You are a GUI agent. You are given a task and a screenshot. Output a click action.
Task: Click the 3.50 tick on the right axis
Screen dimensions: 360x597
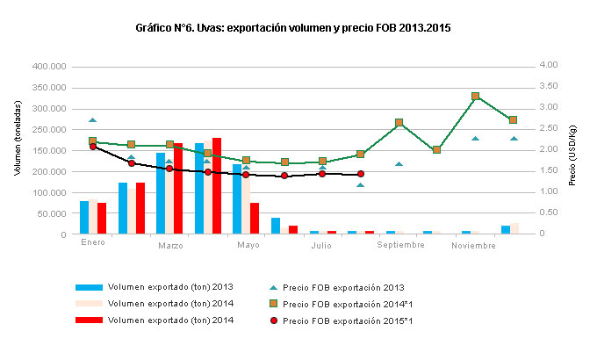coord(550,87)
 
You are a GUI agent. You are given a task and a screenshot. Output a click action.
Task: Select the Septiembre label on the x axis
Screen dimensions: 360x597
coord(401,246)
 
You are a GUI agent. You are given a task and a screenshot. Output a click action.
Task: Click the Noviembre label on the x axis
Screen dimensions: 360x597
coord(474,246)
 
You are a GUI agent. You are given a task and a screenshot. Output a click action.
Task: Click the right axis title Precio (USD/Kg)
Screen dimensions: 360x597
coord(572,150)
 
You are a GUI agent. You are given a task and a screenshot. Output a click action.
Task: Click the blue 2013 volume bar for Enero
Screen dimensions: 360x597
coord(84,217)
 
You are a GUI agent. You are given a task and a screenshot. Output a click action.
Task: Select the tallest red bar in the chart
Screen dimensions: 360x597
coord(217,185)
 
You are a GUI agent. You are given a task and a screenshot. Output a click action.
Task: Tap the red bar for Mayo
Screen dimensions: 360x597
coord(255,218)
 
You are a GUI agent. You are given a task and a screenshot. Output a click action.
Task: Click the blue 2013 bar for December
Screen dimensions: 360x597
coord(506,229)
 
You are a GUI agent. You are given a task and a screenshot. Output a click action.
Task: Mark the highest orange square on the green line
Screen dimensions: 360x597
coord(475,97)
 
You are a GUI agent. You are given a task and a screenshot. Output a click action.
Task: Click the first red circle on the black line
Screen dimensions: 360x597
coord(93,147)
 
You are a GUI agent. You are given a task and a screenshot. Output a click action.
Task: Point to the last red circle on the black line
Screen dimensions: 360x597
coord(361,174)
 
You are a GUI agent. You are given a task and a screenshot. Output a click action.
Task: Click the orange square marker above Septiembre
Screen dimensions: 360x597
coord(399,123)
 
